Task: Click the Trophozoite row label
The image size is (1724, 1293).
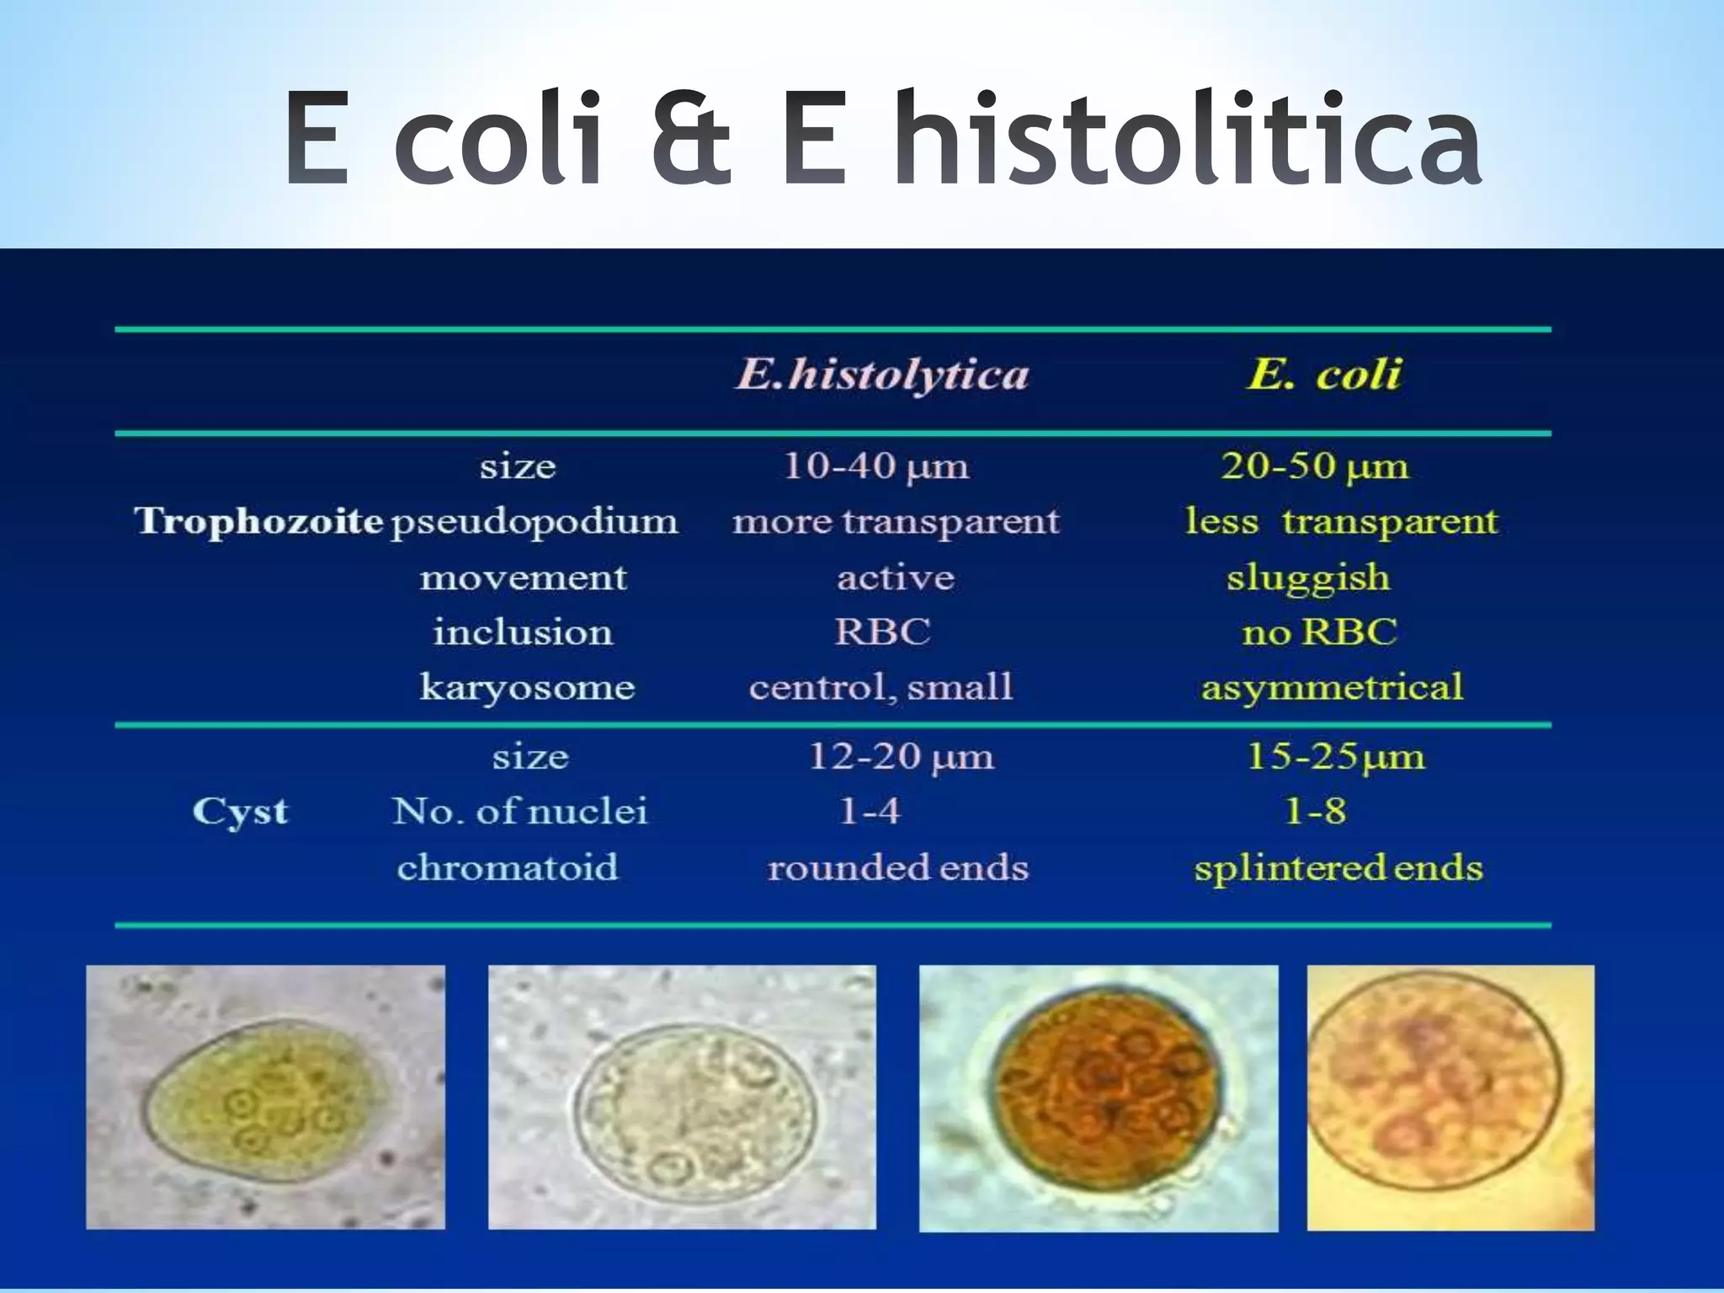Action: point(258,521)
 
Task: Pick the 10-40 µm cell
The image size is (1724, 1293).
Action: point(875,466)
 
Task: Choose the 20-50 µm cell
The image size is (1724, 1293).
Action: point(1314,466)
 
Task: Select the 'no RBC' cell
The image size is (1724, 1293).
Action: point(1319,632)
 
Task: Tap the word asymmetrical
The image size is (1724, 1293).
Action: point(1332,688)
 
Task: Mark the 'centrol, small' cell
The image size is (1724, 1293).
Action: point(881,688)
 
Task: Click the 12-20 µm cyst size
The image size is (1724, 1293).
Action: point(901,757)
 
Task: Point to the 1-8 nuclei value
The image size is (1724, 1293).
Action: point(1315,811)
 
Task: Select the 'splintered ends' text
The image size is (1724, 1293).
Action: point(1338,868)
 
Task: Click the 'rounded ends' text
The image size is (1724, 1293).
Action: point(897,868)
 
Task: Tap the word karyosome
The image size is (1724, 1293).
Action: point(527,688)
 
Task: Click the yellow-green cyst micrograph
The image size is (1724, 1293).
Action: point(265,1097)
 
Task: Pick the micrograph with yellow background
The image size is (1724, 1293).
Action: point(1450,1097)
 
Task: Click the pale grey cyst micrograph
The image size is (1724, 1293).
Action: point(682,1097)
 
